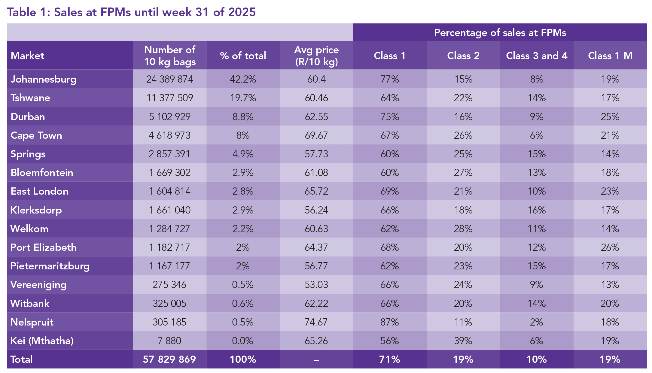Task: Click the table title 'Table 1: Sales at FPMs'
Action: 131,12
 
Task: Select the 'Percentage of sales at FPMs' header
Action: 500,32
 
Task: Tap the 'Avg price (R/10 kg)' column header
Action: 316,56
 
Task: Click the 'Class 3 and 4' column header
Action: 537,56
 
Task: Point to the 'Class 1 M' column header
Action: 610,56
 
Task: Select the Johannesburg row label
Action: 44,79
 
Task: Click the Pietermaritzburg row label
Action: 50,266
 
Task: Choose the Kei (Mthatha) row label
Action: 42,341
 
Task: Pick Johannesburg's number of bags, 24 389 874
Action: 170,79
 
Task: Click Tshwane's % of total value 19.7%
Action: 243,98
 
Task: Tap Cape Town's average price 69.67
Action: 316,135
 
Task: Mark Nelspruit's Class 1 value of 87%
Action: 390,322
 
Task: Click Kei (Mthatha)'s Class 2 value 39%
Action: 463,341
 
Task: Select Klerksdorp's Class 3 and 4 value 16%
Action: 537,210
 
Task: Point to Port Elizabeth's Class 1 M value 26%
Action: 610,247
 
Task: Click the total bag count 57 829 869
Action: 169,359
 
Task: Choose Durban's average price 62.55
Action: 316,117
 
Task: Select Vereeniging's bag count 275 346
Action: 169,285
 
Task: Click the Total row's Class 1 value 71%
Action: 390,359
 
